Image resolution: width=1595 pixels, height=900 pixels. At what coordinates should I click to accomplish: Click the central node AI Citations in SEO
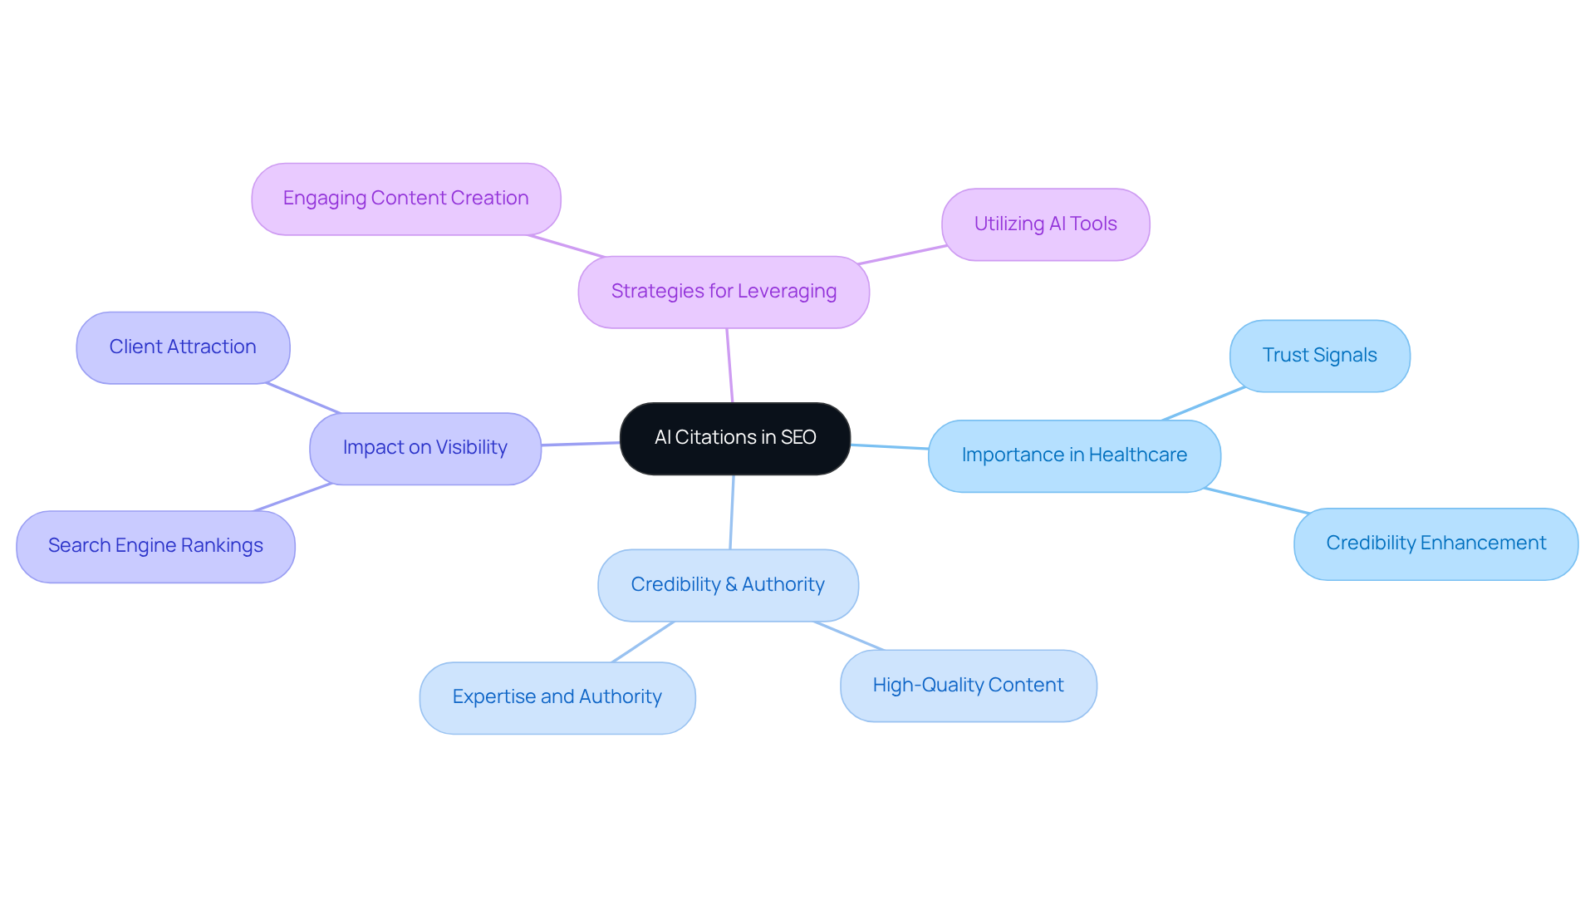point(734,438)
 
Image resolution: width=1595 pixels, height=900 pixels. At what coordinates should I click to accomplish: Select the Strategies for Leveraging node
point(724,292)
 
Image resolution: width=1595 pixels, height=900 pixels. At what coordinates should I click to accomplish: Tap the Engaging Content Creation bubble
point(405,199)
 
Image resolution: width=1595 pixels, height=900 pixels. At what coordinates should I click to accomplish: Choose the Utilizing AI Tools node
point(1045,224)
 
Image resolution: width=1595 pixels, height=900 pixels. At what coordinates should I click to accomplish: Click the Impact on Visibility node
point(425,448)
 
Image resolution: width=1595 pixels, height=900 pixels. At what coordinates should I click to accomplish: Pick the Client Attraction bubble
point(183,347)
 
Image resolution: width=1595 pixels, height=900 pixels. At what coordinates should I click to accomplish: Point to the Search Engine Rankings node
point(155,546)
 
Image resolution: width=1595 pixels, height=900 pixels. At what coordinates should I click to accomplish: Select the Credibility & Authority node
point(728,585)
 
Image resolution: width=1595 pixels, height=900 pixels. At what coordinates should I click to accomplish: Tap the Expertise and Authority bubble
point(557,697)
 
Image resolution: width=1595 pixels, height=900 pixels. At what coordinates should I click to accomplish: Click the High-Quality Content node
point(968,686)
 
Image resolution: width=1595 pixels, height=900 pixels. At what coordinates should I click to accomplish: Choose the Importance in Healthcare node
point(1074,455)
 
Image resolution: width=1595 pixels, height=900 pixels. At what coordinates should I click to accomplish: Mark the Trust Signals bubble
point(1319,356)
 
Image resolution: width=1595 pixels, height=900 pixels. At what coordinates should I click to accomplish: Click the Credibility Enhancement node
point(1435,543)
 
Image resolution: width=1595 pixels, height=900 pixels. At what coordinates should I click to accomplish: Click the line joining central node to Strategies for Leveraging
point(729,366)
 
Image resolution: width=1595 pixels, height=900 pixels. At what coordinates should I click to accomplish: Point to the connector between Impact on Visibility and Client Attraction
point(303,398)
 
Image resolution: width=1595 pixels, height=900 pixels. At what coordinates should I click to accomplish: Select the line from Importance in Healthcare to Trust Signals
point(1203,404)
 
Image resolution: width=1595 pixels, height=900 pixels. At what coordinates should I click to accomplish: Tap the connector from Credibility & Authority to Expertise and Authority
point(643,642)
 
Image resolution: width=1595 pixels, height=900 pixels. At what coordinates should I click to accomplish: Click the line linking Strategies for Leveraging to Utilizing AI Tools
point(902,254)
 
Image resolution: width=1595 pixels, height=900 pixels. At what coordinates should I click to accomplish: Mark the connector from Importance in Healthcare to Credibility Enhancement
point(1256,500)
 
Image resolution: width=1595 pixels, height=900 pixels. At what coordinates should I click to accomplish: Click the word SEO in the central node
point(798,438)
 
